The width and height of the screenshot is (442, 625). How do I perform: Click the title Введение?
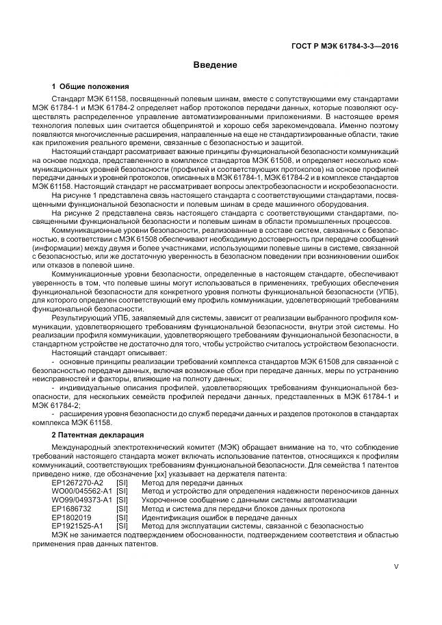[220, 65]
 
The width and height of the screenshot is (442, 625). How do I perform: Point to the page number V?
[396, 567]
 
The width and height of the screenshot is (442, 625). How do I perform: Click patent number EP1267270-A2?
[77, 483]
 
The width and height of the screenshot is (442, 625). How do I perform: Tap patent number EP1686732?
[71, 509]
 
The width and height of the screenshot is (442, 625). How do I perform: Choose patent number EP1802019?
[71, 518]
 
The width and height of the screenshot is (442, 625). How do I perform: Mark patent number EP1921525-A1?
[77, 526]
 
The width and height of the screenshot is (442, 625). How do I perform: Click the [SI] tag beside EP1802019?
[122, 518]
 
